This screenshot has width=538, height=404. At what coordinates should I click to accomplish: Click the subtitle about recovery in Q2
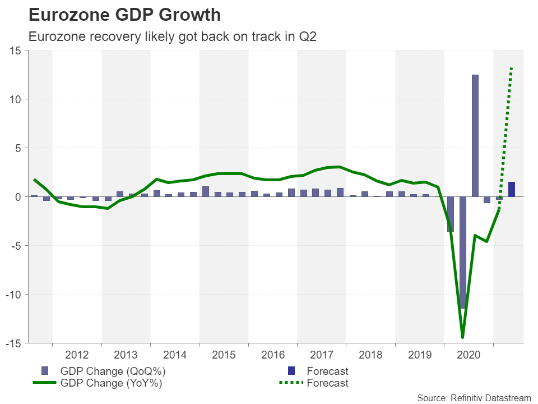(171, 37)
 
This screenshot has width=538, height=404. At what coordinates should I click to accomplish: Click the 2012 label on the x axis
(77, 355)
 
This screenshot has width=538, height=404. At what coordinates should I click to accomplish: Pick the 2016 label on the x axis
(273, 355)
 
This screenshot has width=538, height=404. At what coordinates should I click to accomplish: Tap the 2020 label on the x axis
(469, 355)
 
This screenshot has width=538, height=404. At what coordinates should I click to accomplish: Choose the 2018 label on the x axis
(371, 355)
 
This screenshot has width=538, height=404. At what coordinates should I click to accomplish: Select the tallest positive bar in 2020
(475, 135)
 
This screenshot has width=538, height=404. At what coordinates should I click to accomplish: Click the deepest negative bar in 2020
(463, 252)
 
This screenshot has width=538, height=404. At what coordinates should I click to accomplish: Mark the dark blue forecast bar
(512, 189)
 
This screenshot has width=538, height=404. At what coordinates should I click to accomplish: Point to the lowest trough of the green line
(463, 337)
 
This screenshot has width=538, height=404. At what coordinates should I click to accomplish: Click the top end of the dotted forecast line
(512, 68)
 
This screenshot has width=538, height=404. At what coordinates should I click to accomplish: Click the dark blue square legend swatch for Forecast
(291, 371)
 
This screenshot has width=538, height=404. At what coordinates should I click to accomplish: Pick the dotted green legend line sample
(291, 383)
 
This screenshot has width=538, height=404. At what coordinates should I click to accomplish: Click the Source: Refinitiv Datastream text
(474, 398)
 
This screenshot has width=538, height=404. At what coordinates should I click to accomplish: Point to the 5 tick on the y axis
(18, 148)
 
